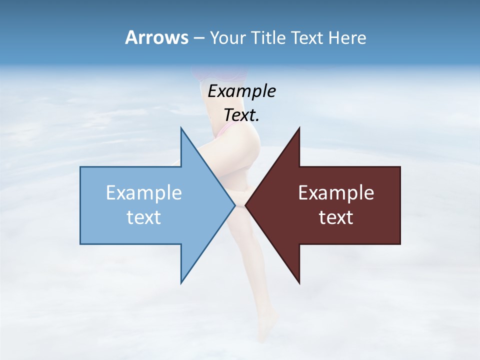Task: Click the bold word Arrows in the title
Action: pyautogui.click(x=156, y=37)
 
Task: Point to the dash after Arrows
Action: pyautogui.click(x=198, y=38)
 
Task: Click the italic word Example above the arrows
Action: pyautogui.click(x=241, y=91)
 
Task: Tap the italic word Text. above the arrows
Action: pyautogui.click(x=241, y=115)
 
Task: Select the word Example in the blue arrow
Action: pyautogui.click(x=144, y=192)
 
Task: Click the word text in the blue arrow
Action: pyautogui.click(x=144, y=217)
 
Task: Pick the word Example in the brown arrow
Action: pyautogui.click(x=336, y=192)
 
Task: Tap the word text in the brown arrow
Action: pyautogui.click(x=336, y=217)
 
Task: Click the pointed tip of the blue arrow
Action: pyautogui.click(x=235, y=205)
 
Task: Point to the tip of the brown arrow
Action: pyautogui.click(x=245, y=205)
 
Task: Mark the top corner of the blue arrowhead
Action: pyautogui.click(x=181, y=128)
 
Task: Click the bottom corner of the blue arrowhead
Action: pyautogui.click(x=181, y=282)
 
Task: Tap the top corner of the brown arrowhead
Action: pyautogui.click(x=299, y=128)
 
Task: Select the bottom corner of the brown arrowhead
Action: pyautogui.click(x=299, y=283)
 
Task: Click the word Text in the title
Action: pyautogui.click(x=307, y=38)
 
